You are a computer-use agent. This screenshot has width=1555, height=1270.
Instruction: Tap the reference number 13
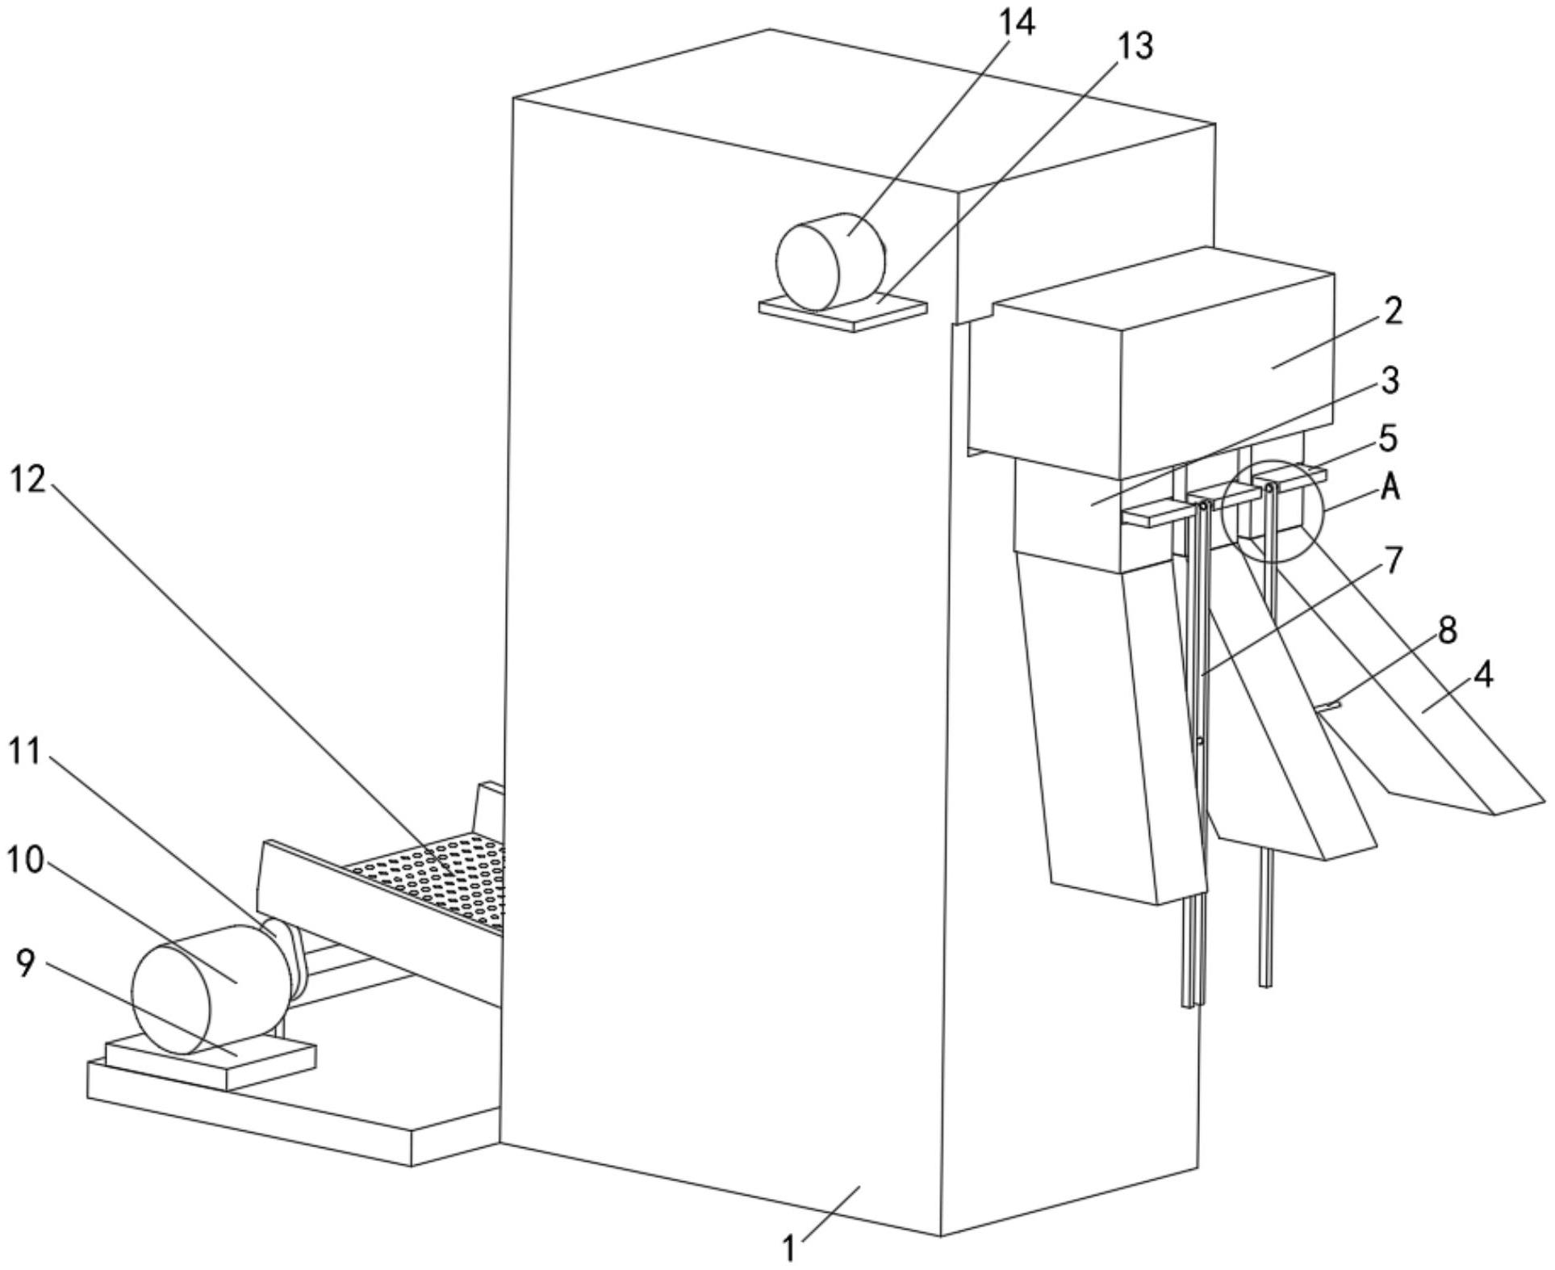1135,46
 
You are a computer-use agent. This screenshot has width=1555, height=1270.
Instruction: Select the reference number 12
28,480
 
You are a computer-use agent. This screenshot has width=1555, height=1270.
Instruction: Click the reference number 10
24,861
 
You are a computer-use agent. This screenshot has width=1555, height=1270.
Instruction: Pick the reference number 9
27,962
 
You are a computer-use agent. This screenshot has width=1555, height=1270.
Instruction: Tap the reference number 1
790,1249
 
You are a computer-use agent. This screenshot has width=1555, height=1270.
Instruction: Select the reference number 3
1389,379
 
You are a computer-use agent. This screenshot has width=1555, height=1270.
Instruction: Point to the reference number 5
1388,438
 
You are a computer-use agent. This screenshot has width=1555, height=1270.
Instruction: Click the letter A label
1390,487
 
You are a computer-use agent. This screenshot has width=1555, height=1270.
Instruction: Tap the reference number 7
1394,560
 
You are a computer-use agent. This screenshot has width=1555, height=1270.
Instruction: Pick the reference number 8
1448,631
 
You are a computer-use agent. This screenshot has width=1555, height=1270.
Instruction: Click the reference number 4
1482,675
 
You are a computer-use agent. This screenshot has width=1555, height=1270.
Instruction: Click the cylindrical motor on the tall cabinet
830,262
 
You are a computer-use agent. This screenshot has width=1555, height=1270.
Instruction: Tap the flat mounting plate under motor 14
843,313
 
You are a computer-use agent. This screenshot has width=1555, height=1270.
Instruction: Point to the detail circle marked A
1273,510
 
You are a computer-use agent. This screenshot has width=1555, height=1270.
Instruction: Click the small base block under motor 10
210,1061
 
